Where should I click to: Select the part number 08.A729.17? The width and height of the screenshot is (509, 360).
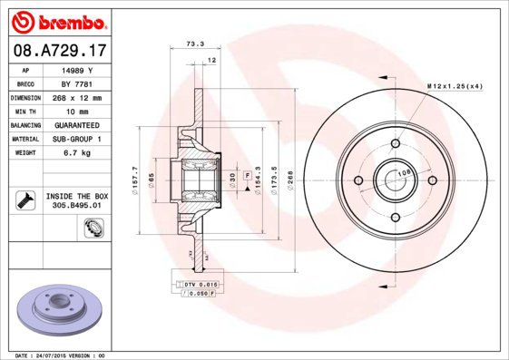click(x=56, y=52)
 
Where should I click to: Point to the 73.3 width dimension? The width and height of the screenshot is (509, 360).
click(x=195, y=44)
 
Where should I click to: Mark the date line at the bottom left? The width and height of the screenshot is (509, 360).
click(x=56, y=355)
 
